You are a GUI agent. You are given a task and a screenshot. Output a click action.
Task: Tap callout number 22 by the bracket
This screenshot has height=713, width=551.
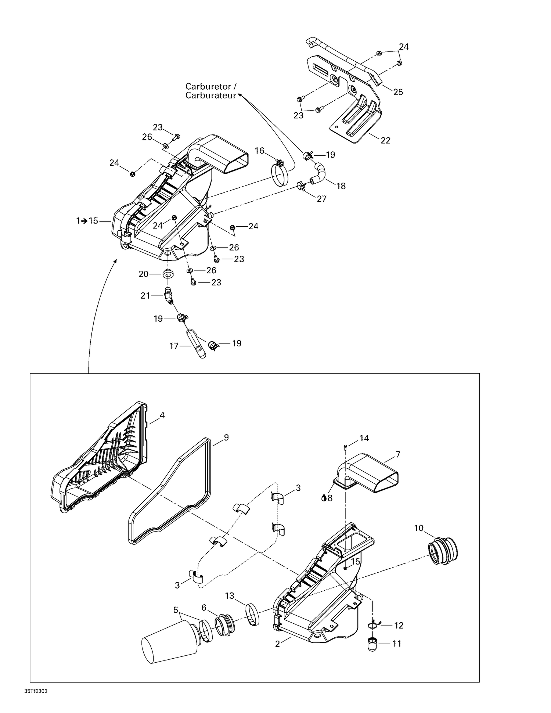pos(385,140)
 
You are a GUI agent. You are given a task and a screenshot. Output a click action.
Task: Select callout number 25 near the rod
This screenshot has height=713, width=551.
pos(398,92)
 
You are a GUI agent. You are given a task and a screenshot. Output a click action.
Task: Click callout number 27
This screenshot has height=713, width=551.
pos(321,199)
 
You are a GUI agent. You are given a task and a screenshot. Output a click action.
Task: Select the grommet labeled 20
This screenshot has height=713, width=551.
pos(169,274)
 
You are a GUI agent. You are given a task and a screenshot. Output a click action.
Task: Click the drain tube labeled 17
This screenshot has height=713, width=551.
pos(198,345)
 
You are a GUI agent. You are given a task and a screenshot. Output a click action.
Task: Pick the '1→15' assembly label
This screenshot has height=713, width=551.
pos(87,221)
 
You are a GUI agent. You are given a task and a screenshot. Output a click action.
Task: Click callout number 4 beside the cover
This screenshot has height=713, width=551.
pos(162,415)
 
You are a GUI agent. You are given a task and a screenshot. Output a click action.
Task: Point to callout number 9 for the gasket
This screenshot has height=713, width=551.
pos(226,437)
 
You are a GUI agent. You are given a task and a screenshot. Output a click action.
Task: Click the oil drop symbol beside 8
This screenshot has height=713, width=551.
pos(324,498)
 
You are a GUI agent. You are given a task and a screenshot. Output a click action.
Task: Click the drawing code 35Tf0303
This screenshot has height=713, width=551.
pos(36,691)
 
